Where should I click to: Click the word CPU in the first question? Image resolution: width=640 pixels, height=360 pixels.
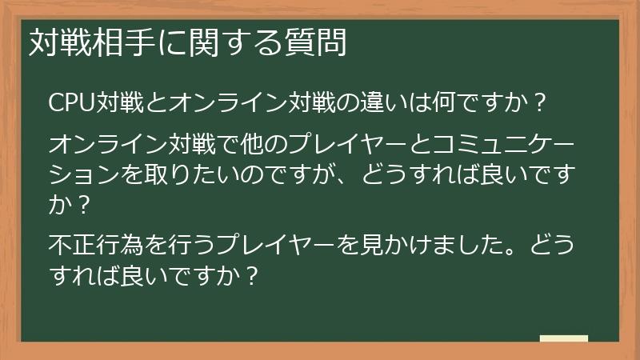[73, 102]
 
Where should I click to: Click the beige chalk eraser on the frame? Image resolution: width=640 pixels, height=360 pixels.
[563, 338]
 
